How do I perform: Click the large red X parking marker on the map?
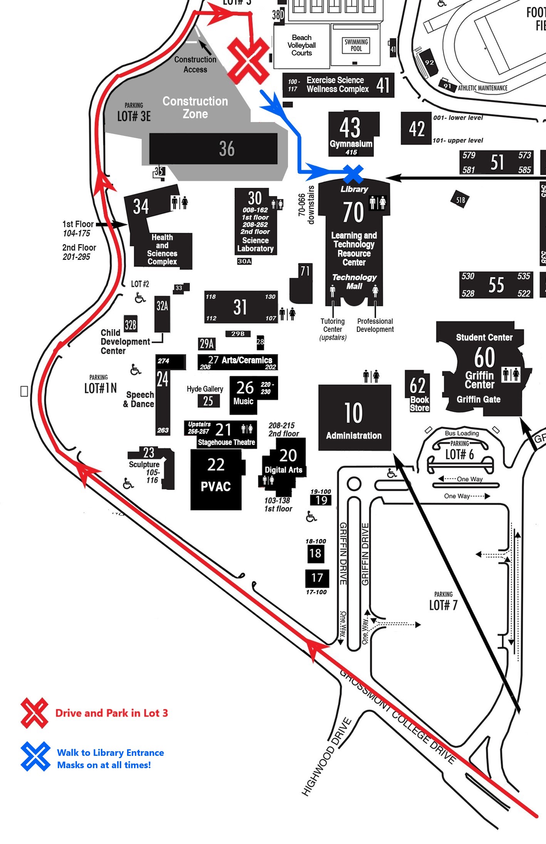[x=248, y=61]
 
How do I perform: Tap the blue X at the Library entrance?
[x=353, y=174]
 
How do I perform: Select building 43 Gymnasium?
[x=351, y=134]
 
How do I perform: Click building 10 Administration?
[x=354, y=418]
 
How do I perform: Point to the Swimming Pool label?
[x=356, y=45]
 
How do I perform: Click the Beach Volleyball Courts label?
[x=301, y=45]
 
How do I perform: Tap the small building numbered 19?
[x=321, y=500]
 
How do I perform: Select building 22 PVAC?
[x=216, y=479]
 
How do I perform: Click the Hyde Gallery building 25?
[x=208, y=401]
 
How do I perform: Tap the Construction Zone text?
[x=195, y=107]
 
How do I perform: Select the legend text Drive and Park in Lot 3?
[x=112, y=713]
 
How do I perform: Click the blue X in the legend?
[x=35, y=757]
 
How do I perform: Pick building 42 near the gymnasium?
[x=416, y=129]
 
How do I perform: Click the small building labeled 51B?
[x=461, y=200]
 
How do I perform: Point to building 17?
[x=317, y=578]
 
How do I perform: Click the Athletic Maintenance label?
[x=482, y=88]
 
